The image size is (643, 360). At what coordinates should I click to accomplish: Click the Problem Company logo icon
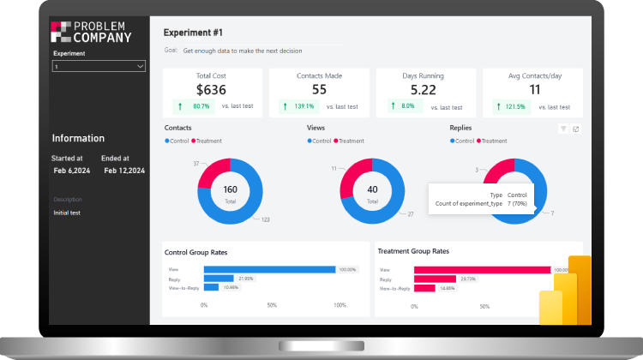[60, 32]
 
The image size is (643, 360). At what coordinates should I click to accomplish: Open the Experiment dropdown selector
[99, 65]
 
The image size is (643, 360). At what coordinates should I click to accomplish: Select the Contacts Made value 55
[319, 89]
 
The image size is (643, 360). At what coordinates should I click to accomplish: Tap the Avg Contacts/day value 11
[535, 89]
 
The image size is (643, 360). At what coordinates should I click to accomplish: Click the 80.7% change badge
[195, 106]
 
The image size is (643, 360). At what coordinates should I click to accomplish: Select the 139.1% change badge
[298, 106]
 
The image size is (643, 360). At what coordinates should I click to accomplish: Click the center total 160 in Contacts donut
[231, 190]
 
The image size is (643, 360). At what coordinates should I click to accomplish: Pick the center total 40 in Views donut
[372, 190]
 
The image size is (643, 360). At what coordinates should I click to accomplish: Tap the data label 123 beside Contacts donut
[266, 220]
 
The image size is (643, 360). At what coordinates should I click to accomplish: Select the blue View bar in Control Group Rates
[269, 269]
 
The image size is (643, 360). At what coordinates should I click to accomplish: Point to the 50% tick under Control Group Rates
[272, 305]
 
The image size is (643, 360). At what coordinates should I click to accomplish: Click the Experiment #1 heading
[193, 33]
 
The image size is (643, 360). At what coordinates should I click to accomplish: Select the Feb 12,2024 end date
[124, 171]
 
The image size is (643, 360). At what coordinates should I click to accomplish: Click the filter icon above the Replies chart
[563, 129]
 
